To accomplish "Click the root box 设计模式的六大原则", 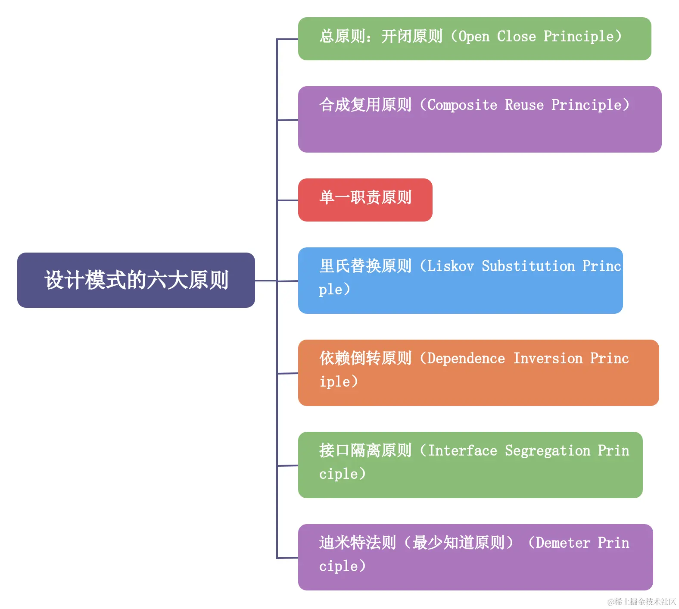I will pyautogui.click(x=136, y=280).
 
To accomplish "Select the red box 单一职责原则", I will pyautogui.click(x=365, y=200).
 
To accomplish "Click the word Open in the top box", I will pyautogui.click(x=474, y=37).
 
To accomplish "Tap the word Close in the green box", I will pyautogui.click(x=516, y=37).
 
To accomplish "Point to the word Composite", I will pyautogui.click(x=462, y=105).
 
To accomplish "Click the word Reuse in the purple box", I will pyautogui.click(x=524, y=105).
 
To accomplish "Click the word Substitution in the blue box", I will pyautogui.click(x=528, y=266).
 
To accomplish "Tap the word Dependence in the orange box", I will pyautogui.click(x=466, y=359).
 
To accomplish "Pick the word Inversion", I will pyautogui.click(x=548, y=359).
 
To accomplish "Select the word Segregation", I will pyautogui.click(x=547, y=451).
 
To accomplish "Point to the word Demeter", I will pyautogui.click(x=563, y=543).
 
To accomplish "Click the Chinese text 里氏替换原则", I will pyautogui.click(x=365, y=266).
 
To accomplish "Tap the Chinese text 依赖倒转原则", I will pyautogui.click(x=365, y=359).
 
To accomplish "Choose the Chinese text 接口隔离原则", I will pyautogui.click(x=365, y=451).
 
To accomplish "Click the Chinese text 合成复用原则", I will pyautogui.click(x=365, y=105).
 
